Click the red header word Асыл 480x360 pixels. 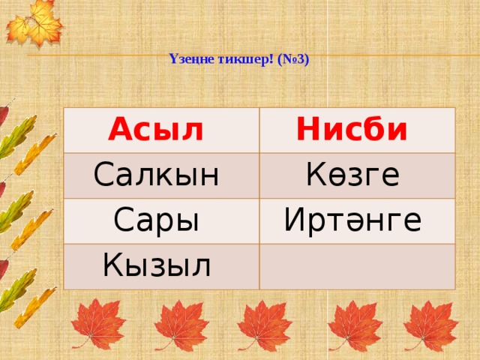(x=155, y=129)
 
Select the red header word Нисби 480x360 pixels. (x=352, y=129)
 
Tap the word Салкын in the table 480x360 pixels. (x=156, y=175)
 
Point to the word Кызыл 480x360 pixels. (x=157, y=265)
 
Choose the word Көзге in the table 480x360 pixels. (x=353, y=175)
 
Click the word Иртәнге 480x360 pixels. (x=352, y=220)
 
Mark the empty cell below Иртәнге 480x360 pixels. (x=357, y=267)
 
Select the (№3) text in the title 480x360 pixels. (x=293, y=60)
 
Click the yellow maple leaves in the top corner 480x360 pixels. (x=34, y=23)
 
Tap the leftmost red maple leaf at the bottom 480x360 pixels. (x=98, y=325)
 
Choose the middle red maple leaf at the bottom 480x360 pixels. (x=265, y=325)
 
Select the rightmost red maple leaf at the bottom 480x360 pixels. (x=431, y=325)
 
